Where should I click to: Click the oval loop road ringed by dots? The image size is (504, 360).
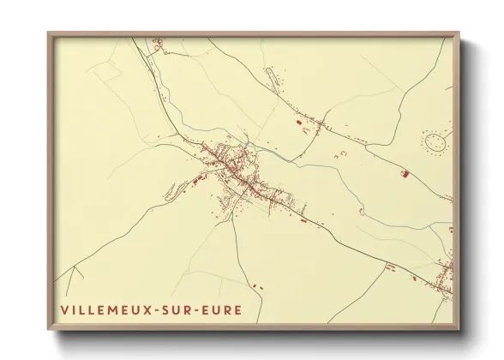click(x=435, y=141)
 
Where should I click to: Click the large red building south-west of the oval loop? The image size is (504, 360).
click(x=405, y=174)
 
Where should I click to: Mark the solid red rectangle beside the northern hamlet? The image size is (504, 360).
click(x=299, y=125)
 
